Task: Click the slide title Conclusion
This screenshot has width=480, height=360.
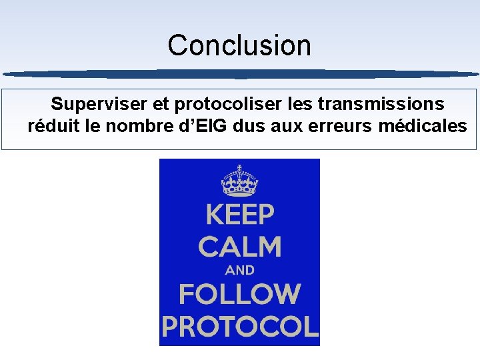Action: pos(239,45)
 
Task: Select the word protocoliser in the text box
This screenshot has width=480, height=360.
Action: pos(227,104)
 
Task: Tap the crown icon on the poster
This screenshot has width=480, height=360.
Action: pos(239,179)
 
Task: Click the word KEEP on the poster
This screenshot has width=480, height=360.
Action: pos(239,215)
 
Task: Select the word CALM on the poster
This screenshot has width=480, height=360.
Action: pos(239,247)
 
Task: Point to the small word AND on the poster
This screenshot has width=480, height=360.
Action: pos(239,271)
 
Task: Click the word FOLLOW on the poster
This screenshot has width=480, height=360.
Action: pos(239,294)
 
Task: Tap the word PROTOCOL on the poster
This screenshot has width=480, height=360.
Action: pos(239,327)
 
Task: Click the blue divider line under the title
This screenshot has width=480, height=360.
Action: pos(240,73)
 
